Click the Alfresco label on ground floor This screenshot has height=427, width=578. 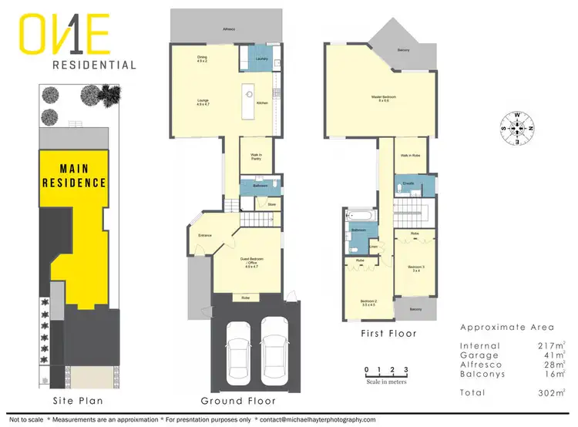tap(229, 28)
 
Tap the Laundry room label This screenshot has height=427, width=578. tap(260, 59)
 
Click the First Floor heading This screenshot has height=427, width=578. tap(388, 334)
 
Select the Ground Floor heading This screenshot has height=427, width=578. tap(238, 401)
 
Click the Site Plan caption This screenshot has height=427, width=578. tap(77, 401)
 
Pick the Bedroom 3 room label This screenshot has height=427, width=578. tap(417, 267)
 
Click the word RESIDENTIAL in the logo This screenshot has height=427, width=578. tap(94, 66)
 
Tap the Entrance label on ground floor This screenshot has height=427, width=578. tap(206, 235)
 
